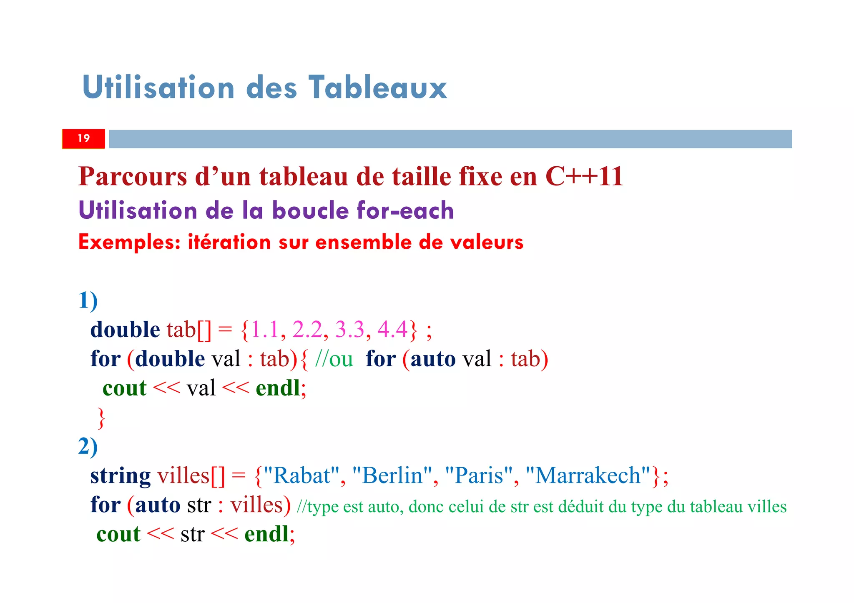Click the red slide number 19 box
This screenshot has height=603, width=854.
click(x=83, y=138)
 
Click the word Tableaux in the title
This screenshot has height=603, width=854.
click(x=378, y=88)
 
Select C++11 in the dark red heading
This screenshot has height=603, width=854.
click(x=584, y=176)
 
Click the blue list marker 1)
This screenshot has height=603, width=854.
click(x=88, y=300)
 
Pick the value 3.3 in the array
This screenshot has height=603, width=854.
click(x=350, y=330)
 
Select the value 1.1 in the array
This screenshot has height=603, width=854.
click(x=265, y=330)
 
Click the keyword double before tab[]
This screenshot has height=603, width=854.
click(x=125, y=330)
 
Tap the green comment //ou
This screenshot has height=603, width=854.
click(x=334, y=359)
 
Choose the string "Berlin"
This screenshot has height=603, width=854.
click(x=392, y=475)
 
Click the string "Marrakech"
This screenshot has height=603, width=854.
click(x=588, y=475)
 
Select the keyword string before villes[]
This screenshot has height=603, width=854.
click(x=121, y=475)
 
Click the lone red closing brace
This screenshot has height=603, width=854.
click(x=101, y=418)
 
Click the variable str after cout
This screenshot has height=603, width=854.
click(x=192, y=534)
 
